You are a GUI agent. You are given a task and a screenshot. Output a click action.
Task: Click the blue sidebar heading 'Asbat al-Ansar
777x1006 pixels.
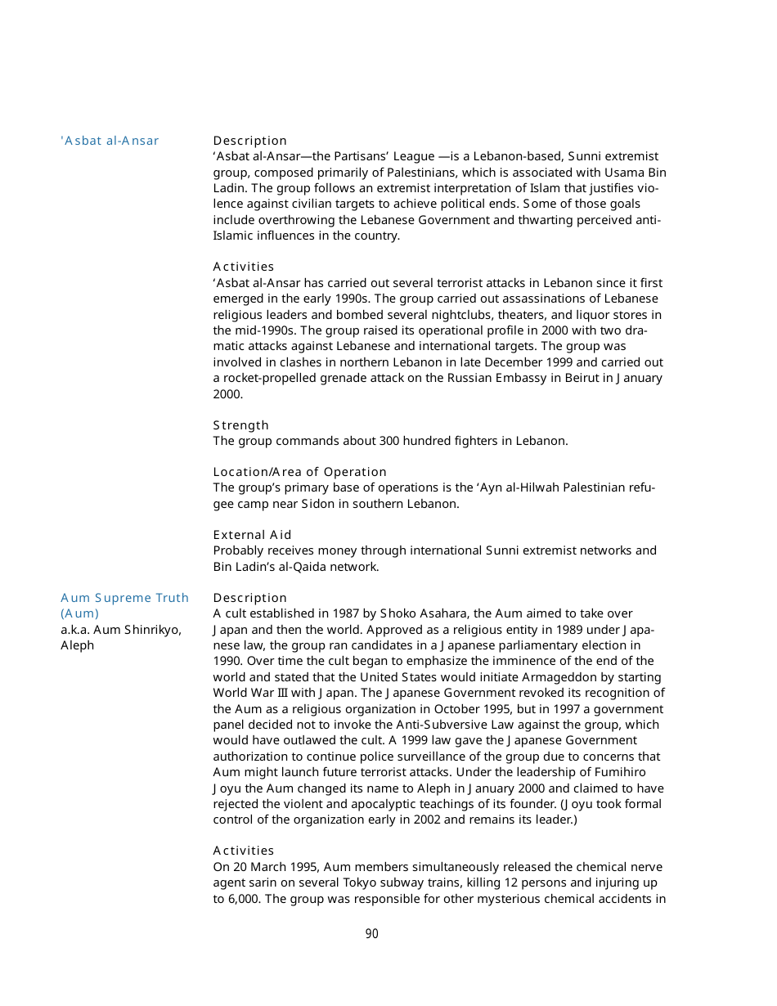coord(110,141)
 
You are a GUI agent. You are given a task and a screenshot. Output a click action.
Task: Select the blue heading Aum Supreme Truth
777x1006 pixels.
coord(124,598)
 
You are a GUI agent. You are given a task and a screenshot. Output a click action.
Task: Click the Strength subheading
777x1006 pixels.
coord(240,425)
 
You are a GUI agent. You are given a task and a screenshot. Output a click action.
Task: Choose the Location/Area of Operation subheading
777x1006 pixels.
coord(299,472)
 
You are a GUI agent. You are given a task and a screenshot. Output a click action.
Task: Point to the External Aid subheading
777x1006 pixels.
coord(252,535)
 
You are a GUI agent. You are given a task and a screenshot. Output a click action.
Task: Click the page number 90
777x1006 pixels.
coord(371,934)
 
